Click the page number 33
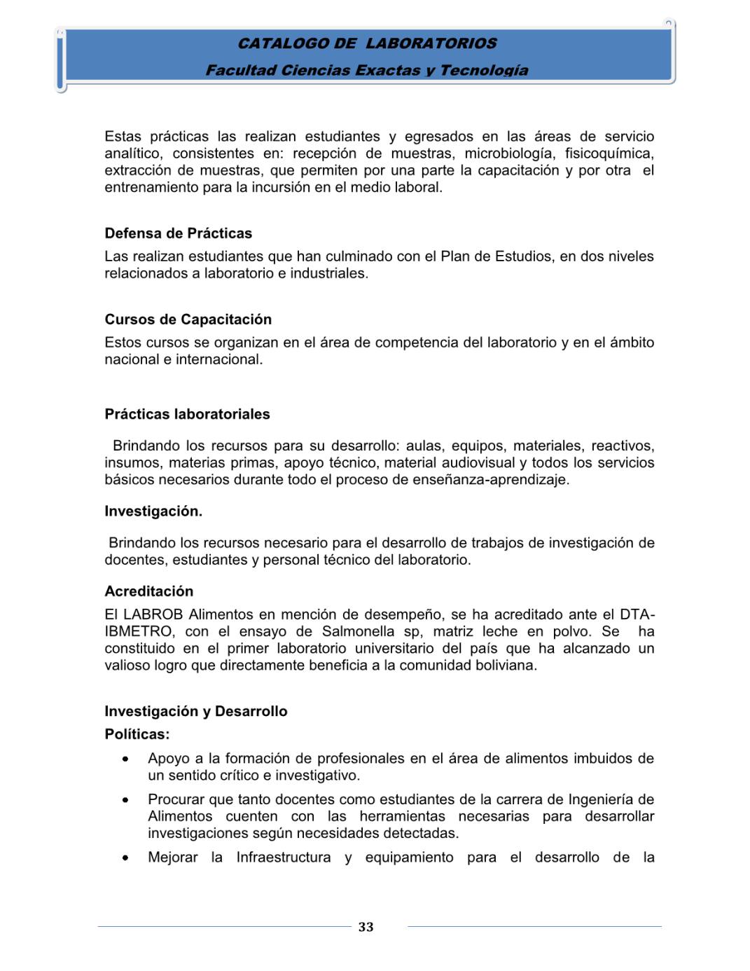click(366, 927)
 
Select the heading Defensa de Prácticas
click(178, 233)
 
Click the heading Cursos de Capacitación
click(188, 319)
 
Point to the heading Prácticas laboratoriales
click(187, 414)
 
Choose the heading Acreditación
click(148, 591)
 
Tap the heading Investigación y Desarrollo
click(195, 711)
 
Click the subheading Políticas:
click(137, 734)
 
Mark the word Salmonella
click(358, 631)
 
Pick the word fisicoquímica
click(609, 153)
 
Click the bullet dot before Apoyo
click(125, 759)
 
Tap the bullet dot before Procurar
click(125, 800)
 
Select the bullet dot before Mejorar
click(125, 858)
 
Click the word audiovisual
click(479, 462)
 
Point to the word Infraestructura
click(283, 858)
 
